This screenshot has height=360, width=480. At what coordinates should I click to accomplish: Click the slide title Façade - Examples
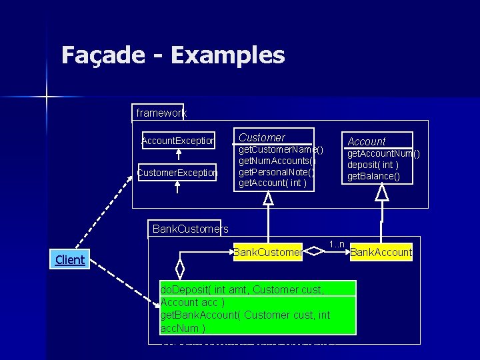coord(173,55)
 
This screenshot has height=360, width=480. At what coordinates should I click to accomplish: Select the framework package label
coord(161,113)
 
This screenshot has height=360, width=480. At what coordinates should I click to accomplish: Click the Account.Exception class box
coord(178,141)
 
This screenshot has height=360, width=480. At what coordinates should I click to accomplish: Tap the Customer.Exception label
coord(177,173)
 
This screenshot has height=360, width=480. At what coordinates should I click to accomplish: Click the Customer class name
coord(262,137)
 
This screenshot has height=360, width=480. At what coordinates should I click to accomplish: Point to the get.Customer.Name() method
coord(281,150)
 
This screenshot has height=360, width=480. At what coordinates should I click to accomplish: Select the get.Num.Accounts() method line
coord(277,161)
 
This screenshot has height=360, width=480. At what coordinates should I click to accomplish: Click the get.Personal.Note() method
coord(276,171)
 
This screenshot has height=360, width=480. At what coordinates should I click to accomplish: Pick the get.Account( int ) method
coord(273,182)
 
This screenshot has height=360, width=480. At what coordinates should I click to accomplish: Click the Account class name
coord(367,141)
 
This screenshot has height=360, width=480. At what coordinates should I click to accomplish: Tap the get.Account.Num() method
coord(383,154)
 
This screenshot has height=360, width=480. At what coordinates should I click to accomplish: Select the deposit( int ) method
coord(374,165)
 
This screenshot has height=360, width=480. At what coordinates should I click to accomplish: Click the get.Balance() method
coord(373,176)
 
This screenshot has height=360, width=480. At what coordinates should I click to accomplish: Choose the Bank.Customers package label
coord(190,229)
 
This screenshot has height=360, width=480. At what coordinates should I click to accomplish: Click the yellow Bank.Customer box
coord(267,252)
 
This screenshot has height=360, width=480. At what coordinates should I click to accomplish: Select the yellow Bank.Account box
coord(381,252)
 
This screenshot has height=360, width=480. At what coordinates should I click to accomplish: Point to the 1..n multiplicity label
coord(336,244)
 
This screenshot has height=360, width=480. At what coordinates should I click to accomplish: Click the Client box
coord(70,259)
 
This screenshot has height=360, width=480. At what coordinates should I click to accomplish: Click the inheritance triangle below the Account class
coord(381,193)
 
